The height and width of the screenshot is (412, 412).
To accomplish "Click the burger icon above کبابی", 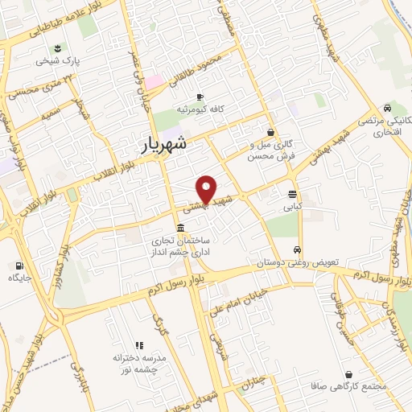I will click(x=291, y=194).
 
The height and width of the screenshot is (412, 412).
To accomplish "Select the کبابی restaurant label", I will click(x=291, y=206).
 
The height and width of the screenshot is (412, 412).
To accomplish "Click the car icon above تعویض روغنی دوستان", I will click(x=298, y=249).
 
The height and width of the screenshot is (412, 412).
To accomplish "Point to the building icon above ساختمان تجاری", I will click(x=179, y=226).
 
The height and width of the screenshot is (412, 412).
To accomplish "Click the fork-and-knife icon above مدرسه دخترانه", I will click(x=138, y=344).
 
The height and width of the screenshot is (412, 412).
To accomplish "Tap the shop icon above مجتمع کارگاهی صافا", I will click(x=348, y=373).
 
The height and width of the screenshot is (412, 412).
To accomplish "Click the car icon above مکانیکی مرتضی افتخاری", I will click(x=388, y=108).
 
